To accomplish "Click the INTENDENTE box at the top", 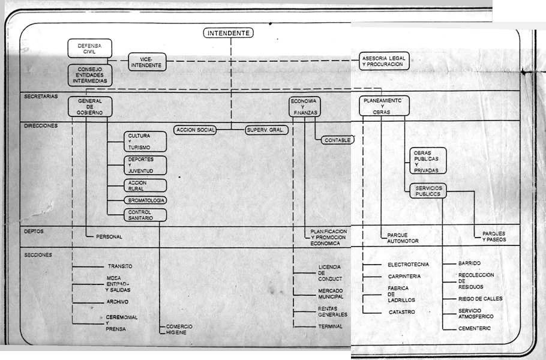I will click(229, 33).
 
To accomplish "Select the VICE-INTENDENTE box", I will click(146, 62).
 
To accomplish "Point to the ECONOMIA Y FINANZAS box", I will click(304, 106).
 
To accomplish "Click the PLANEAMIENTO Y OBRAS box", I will click(386, 106).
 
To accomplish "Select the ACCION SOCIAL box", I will click(196, 130).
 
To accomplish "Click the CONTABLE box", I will click(338, 140).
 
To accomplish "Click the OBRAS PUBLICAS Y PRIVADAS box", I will click(427, 161).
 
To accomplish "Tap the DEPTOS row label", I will click(34, 231).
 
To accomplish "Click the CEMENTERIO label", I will click(475, 328).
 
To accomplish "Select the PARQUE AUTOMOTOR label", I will click(403, 238).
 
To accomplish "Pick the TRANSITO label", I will click(120, 266).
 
